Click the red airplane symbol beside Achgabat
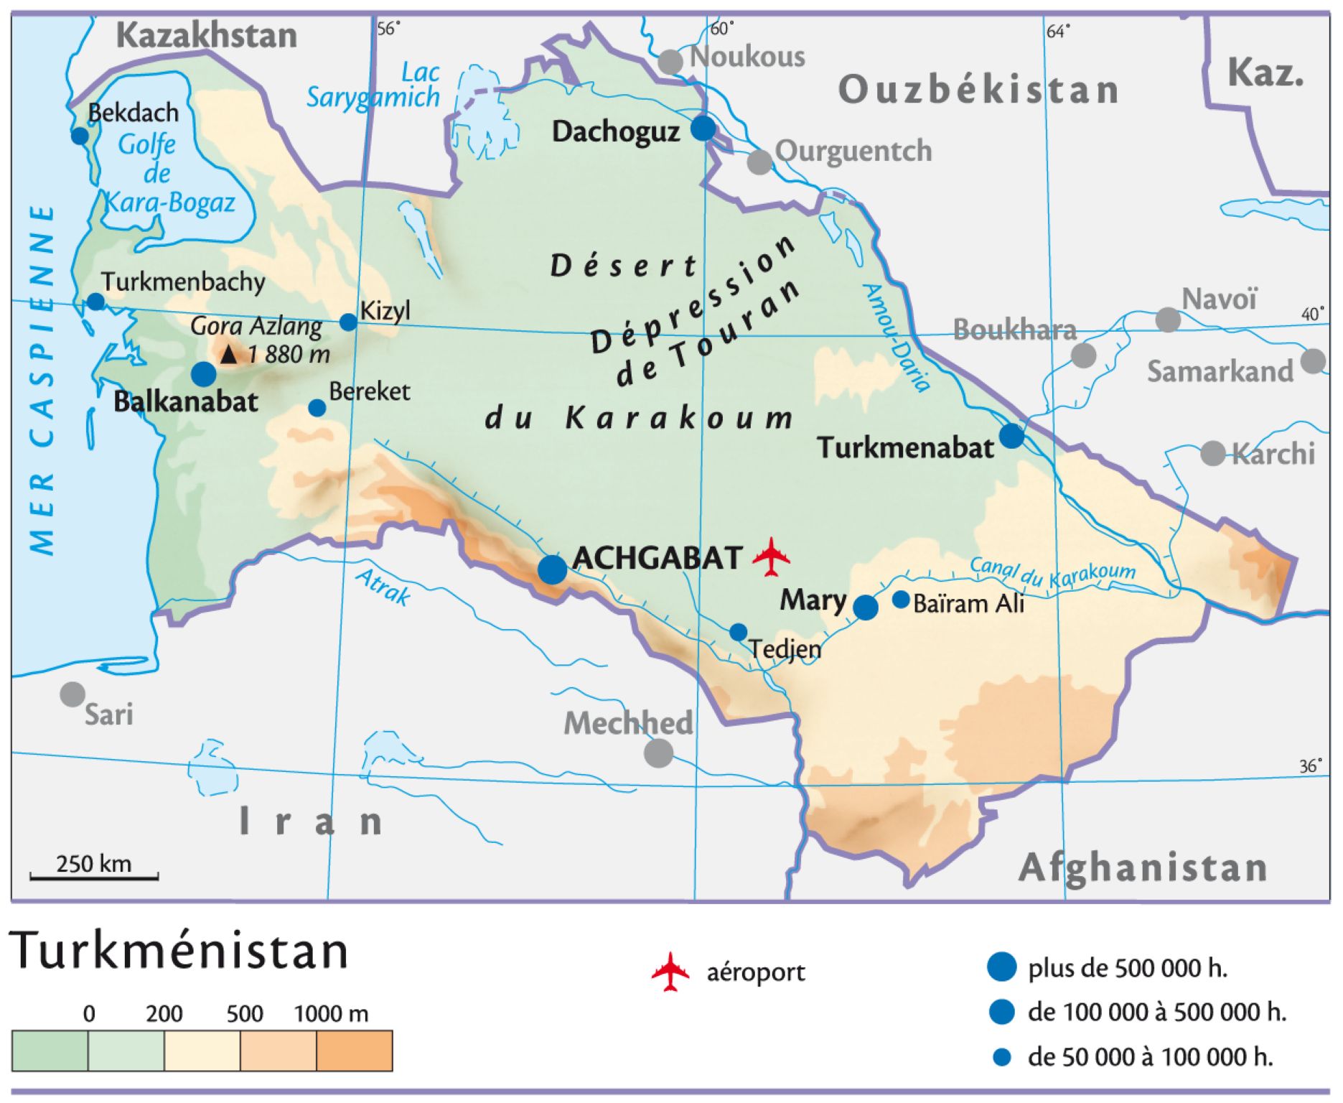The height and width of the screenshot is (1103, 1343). point(771,557)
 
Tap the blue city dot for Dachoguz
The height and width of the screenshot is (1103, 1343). point(703,129)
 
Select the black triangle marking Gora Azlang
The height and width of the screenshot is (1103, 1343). point(228,354)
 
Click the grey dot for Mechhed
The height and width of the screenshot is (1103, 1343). point(658,753)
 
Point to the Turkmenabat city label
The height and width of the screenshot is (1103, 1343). point(905,448)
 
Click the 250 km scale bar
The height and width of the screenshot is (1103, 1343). point(94,876)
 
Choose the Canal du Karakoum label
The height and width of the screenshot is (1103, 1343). point(1052,573)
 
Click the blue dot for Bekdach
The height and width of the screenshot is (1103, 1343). point(80,136)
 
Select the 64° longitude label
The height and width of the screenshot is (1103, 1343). point(1058,31)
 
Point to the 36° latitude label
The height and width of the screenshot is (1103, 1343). point(1310,766)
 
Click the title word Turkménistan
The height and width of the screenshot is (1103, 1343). point(179,951)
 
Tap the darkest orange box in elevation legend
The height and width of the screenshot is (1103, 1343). point(354,1051)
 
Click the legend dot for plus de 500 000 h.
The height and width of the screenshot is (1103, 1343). point(1001,967)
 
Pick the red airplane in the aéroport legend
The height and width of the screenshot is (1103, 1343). point(670,972)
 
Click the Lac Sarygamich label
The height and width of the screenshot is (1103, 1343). point(373,85)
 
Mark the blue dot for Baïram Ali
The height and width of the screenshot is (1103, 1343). point(900,600)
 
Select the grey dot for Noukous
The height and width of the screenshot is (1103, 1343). point(670,62)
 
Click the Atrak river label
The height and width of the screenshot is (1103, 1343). point(384,587)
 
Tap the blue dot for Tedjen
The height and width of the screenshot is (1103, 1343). point(738,632)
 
